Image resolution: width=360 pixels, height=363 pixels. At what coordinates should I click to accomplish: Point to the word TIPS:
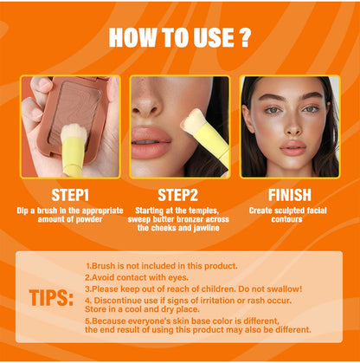pos(53,298)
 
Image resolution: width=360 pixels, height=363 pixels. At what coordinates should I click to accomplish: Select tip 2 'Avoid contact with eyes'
pos(138,277)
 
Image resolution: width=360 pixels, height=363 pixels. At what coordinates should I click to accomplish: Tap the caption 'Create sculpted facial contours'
pos(289,215)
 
